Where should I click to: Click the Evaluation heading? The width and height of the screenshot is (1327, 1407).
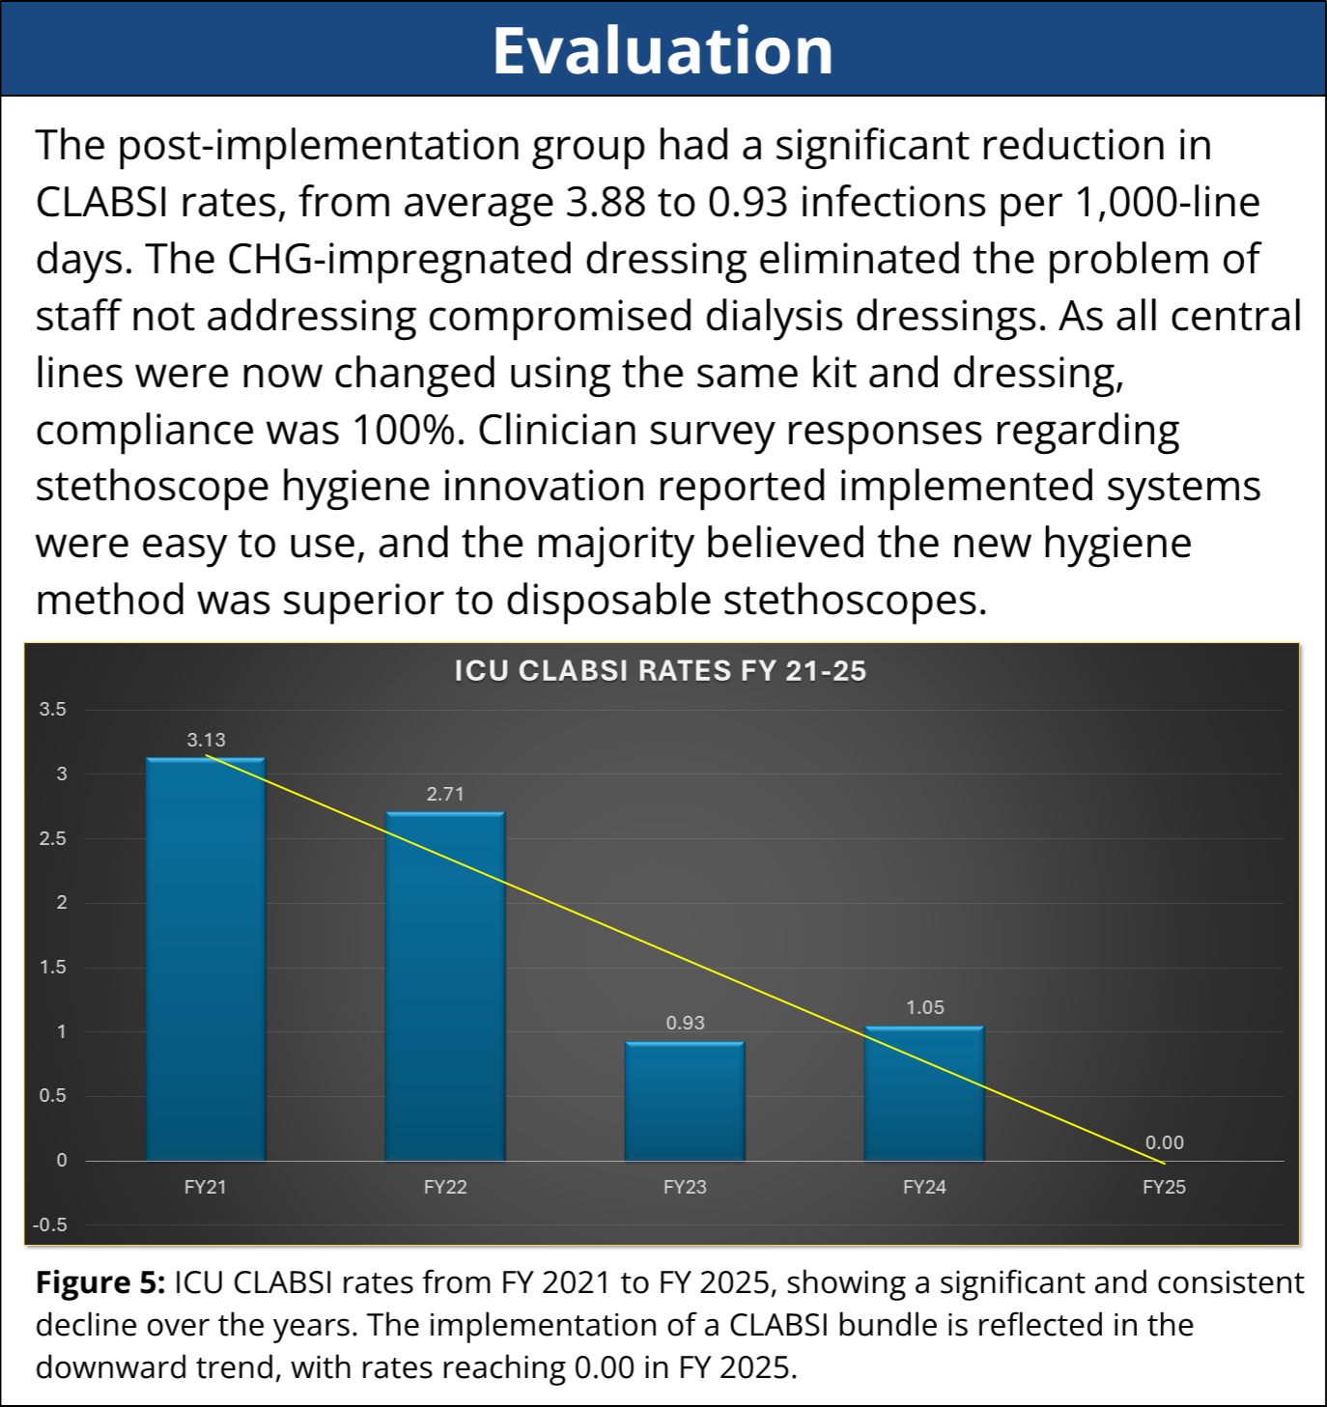click(x=663, y=50)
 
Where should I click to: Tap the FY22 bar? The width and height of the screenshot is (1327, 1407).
click(x=445, y=986)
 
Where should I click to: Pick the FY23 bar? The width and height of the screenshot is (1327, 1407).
click(x=685, y=1101)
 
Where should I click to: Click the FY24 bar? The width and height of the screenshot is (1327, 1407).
click(x=924, y=1093)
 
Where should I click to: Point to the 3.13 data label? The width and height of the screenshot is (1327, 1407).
click(x=206, y=741)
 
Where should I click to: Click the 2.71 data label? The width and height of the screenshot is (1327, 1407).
click(x=445, y=795)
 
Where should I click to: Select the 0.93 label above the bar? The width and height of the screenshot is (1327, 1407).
click(x=685, y=1024)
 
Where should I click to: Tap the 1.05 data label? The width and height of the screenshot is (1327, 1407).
click(x=924, y=1008)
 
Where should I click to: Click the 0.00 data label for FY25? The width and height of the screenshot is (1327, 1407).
click(x=1164, y=1143)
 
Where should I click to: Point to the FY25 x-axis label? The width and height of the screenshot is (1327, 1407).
click(x=1164, y=1188)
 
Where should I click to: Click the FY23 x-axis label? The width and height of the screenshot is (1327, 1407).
click(x=685, y=1188)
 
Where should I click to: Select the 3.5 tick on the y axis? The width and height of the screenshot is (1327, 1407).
click(x=53, y=710)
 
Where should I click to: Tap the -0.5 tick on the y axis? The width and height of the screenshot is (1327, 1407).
click(x=50, y=1225)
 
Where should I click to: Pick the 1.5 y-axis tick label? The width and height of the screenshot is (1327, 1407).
click(x=53, y=968)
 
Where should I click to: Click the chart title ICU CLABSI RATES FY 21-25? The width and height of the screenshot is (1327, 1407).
click(x=661, y=671)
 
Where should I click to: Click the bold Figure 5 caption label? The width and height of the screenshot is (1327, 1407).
click(x=100, y=1282)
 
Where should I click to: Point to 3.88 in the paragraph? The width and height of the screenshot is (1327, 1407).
click(x=606, y=203)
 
